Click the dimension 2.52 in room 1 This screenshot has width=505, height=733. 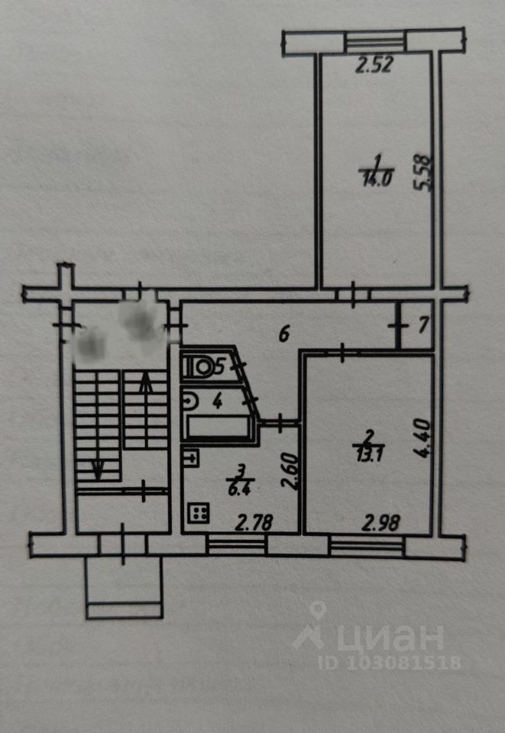(374, 66)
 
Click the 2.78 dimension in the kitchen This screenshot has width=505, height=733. (255, 524)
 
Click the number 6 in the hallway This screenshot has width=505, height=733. (284, 334)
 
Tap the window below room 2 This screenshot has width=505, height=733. (366, 544)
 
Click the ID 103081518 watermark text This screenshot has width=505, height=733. (395, 662)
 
